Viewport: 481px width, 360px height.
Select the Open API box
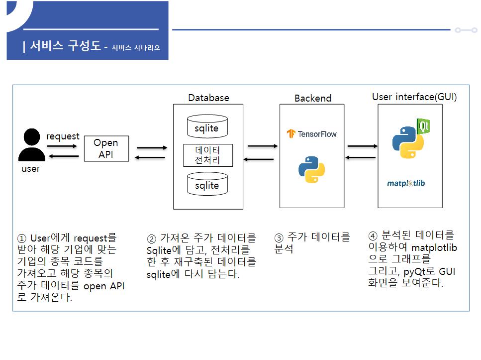[106, 148]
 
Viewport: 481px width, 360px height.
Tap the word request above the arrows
[63, 136]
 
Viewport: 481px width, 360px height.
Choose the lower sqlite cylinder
[207, 184]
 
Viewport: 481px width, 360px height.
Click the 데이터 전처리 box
[207, 155]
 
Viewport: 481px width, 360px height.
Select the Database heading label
[208, 98]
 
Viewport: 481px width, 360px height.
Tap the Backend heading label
[313, 98]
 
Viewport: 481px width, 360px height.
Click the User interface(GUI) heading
[414, 97]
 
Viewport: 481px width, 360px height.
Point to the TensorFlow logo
[312, 133]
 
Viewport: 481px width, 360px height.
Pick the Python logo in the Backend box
[312, 169]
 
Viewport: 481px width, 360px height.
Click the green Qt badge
[423, 126]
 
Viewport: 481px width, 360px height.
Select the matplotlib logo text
[406, 183]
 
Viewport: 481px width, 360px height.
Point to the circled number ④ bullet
[373, 236]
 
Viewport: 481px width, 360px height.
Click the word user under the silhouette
[30, 169]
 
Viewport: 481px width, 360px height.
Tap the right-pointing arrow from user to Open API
[62, 146]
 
